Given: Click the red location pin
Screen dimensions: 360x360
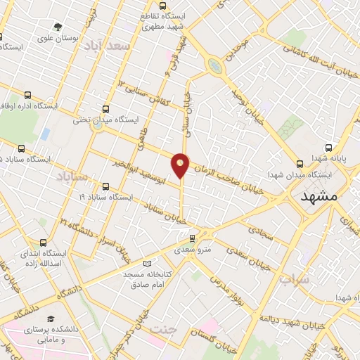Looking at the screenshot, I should click(x=181, y=165).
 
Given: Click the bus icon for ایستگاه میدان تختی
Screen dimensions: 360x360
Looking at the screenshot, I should click(x=105, y=109).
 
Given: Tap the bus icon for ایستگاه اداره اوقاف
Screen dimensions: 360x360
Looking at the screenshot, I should click(x=27, y=96).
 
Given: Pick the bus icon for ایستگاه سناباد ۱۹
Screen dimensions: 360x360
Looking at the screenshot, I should click(x=105, y=187).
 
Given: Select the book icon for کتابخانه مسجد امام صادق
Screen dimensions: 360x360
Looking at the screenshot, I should click(x=146, y=263).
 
